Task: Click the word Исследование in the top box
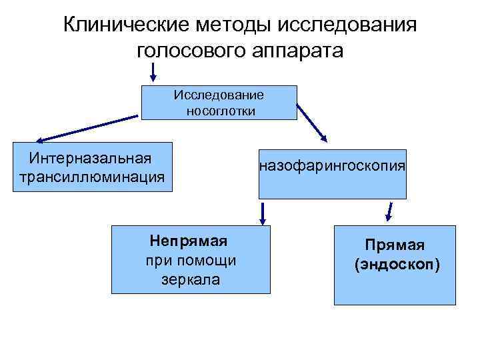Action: point(219,95)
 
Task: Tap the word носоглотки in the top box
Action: point(221,111)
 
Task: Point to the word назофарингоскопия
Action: point(332,165)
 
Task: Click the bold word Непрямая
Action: point(190,240)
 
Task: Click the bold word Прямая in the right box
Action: point(395,245)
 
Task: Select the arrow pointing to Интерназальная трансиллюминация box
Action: point(87,129)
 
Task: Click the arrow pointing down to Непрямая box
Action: point(263,213)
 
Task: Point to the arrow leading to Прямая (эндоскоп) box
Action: point(390,212)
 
